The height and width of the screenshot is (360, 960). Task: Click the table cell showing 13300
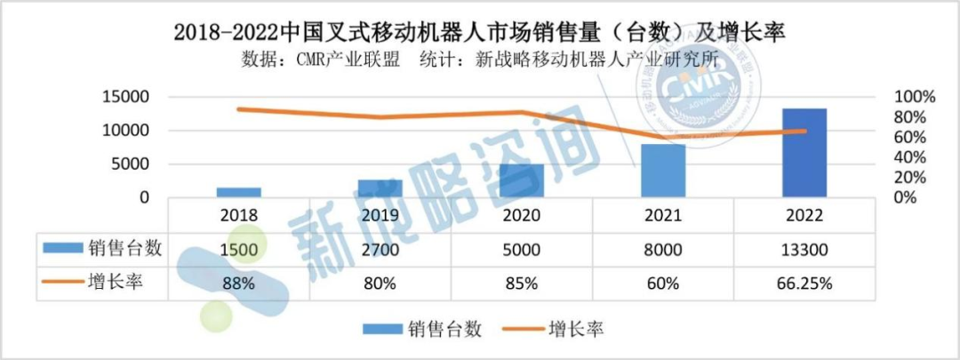pyautogui.click(x=804, y=250)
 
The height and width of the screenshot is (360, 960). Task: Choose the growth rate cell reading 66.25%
pyautogui.click(x=804, y=284)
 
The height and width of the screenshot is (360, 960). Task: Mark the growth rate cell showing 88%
pyautogui.click(x=237, y=284)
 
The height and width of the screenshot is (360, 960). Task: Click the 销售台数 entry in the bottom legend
pyautogui.click(x=445, y=330)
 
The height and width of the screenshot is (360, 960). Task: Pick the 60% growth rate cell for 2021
pyautogui.click(x=663, y=284)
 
